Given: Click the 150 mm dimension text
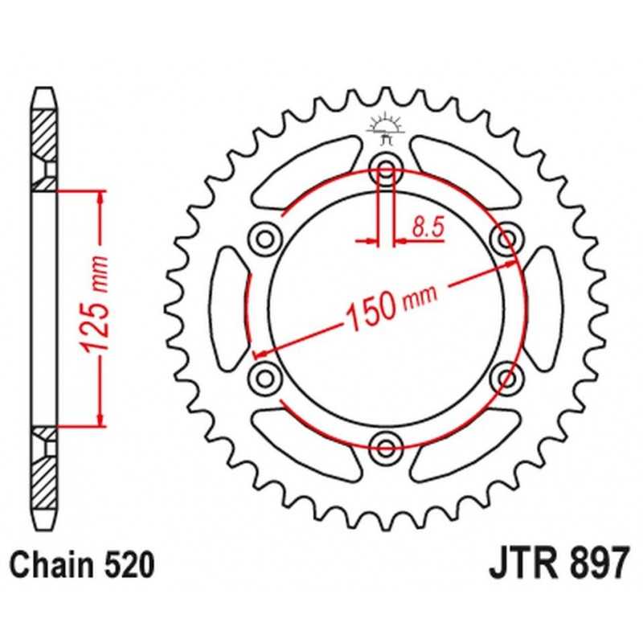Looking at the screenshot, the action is [x=391, y=305].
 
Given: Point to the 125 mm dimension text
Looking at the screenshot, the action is [x=95, y=305].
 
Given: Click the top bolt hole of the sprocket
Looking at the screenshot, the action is [x=386, y=168].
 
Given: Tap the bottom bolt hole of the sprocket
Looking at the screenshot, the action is [x=386, y=447].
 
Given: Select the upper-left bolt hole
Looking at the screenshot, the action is [x=265, y=238].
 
